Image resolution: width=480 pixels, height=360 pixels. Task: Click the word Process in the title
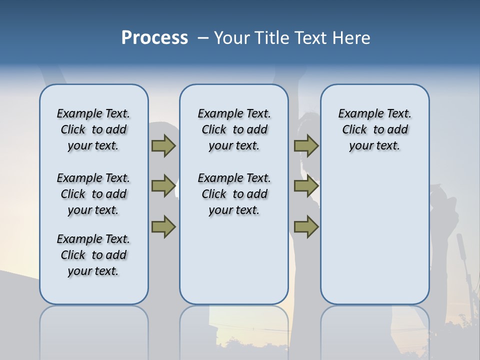point(154,38)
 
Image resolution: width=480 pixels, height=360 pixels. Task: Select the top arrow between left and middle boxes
point(163,145)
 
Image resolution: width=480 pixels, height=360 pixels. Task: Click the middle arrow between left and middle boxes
point(163,186)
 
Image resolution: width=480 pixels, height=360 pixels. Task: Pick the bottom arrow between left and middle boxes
point(163,226)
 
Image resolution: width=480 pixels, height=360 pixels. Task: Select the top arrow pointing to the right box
point(306,145)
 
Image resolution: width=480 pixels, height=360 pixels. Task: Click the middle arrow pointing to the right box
point(306,186)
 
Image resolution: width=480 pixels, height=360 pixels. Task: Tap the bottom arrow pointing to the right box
point(306,226)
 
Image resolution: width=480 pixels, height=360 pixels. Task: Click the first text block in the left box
point(93,129)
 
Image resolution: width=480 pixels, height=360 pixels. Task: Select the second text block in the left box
point(93,194)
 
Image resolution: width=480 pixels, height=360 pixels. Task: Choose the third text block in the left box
point(93,255)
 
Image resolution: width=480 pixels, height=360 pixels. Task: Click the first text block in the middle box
point(234,129)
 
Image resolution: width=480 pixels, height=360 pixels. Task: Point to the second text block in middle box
point(234,194)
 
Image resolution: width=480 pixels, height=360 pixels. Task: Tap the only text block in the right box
point(374,129)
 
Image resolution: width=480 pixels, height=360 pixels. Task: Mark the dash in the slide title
point(202,38)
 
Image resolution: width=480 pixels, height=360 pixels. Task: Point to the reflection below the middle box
point(234,330)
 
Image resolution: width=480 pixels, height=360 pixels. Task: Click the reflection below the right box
point(374,330)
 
